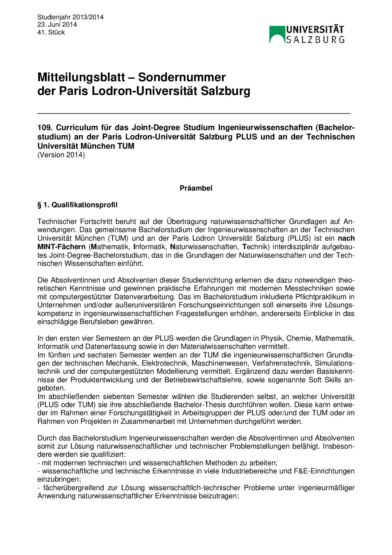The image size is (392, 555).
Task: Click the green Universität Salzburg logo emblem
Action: click(x=277, y=34)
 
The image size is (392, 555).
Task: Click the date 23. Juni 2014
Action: click(x=57, y=24)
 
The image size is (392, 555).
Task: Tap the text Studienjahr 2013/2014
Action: click(x=70, y=17)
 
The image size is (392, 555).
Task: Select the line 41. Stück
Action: click(x=51, y=32)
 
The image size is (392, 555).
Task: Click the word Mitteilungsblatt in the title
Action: click(x=81, y=77)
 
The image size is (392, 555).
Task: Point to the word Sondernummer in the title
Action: click(x=182, y=77)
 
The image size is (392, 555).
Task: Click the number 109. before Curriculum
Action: click(x=45, y=128)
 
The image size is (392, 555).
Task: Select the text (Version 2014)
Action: click(x=61, y=155)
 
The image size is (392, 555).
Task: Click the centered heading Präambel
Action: click(x=196, y=188)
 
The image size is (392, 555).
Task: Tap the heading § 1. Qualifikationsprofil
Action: click(x=77, y=205)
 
